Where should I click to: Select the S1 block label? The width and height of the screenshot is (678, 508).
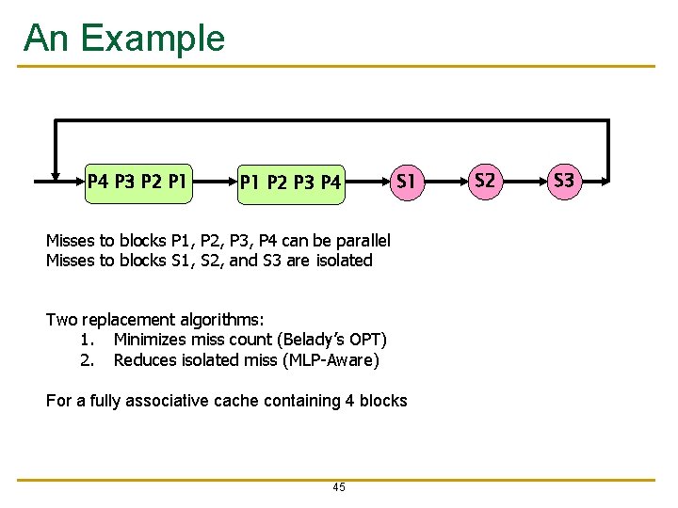(x=406, y=180)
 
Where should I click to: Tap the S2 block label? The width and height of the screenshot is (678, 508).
(x=485, y=180)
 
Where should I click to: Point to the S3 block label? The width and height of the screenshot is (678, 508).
(x=564, y=180)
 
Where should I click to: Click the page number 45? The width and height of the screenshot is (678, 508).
(x=339, y=487)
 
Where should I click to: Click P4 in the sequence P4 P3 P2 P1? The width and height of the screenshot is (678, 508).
(x=98, y=180)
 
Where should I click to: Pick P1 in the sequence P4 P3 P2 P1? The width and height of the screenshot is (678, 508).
(x=177, y=180)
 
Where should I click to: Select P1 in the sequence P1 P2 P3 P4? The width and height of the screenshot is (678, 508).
(x=250, y=181)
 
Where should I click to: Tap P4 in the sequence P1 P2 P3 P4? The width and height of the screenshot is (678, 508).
(x=330, y=181)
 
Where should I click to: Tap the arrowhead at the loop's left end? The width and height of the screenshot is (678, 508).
(x=51, y=179)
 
